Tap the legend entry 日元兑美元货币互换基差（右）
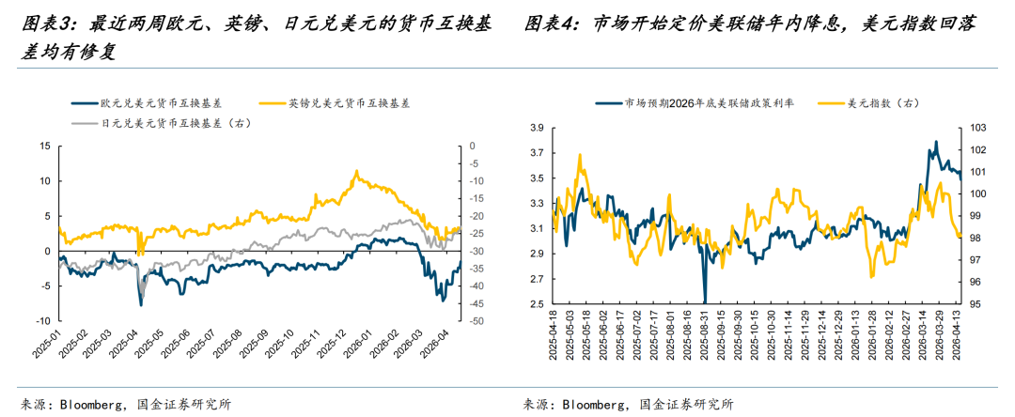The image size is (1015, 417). [x=174, y=123]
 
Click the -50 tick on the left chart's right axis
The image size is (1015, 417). [x=476, y=321]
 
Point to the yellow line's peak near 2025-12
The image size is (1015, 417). [x=356, y=171]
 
